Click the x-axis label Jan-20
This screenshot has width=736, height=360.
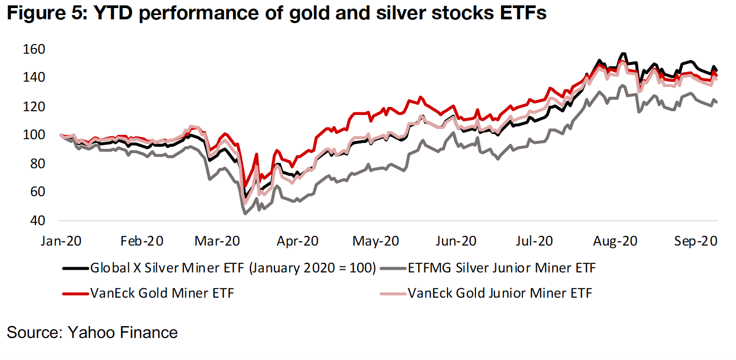(60, 241)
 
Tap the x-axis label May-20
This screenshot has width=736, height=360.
(376, 241)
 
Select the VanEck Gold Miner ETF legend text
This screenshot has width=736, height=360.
(162, 293)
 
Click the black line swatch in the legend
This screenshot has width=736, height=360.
(75, 268)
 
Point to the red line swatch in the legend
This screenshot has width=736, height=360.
(75, 293)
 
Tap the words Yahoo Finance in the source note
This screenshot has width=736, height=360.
(122, 333)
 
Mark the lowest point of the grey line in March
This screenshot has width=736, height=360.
(246, 214)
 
